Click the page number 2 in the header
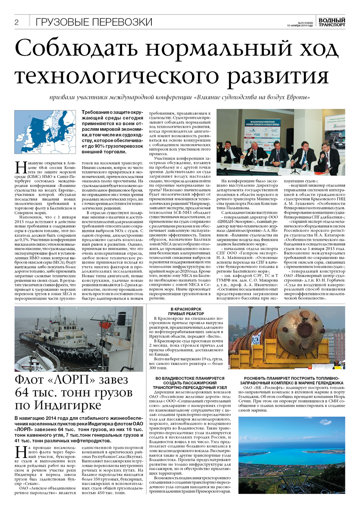[x=16, y=23]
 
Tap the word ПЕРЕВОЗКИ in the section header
[x=122, y=22]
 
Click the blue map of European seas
[x=45, y=132]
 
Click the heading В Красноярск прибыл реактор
[x=186, y=311]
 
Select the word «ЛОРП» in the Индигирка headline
[x=73, y=380]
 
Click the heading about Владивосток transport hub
[x=190, y=383]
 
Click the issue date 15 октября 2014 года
[x=300, y=26]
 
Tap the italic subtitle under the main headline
[x=180, y=98]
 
